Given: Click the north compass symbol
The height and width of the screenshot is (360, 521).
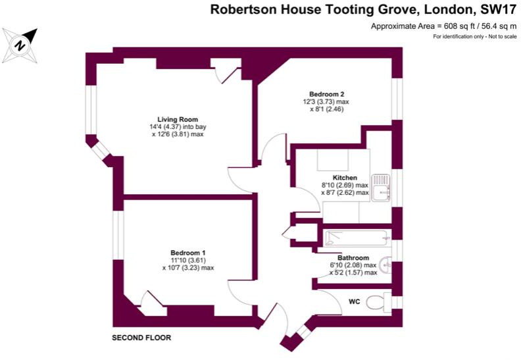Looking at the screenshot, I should click(20, 44).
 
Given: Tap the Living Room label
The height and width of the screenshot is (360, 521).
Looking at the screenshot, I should click(164, 119).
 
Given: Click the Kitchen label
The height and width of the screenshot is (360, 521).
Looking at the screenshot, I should click(345, 178).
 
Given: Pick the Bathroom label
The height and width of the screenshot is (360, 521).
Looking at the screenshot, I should click(353, 257).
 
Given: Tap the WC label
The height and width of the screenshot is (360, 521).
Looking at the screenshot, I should click(354, 301).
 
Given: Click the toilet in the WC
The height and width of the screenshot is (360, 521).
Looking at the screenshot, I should click(376, 303).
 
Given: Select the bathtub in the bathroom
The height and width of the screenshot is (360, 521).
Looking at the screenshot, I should click(357, 238).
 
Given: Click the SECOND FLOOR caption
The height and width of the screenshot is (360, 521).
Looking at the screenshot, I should click(141, 338).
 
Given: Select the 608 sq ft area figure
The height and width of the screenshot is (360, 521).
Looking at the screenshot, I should click(451, 26).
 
